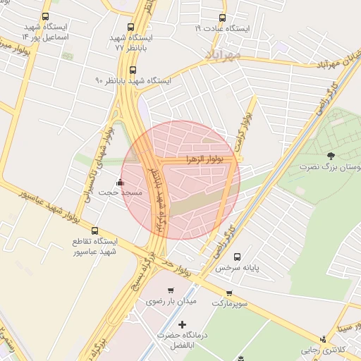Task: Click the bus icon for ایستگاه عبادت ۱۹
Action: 222,18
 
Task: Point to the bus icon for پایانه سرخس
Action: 236,257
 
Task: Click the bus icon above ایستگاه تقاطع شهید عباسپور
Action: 96,230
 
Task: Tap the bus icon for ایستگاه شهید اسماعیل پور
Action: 46,16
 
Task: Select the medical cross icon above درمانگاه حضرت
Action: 183,324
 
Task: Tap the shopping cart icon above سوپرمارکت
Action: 229,293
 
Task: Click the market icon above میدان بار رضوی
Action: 170,290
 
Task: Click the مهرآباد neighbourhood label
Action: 224,54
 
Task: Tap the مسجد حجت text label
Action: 121,192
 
